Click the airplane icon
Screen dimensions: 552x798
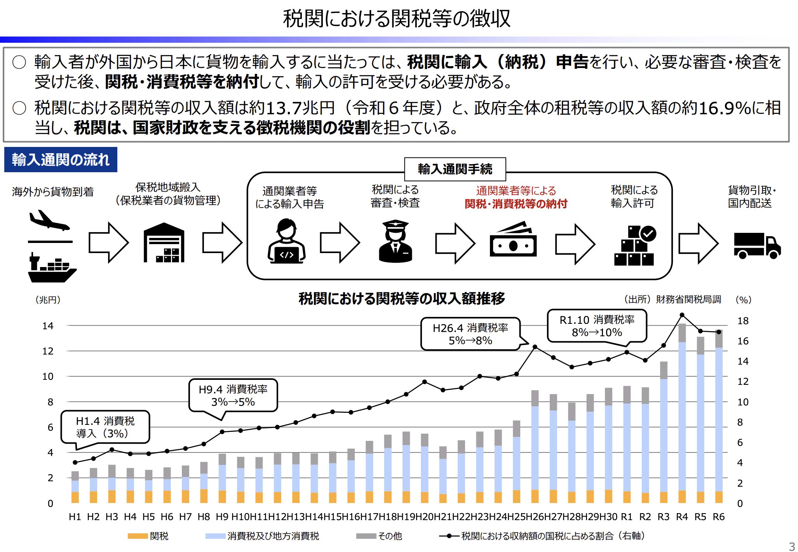49,220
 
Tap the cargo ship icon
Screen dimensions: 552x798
52,269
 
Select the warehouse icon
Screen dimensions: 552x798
164,243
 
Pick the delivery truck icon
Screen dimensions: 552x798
757,245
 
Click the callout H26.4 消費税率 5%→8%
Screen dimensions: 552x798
470,334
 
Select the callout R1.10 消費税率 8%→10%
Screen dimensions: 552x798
597,326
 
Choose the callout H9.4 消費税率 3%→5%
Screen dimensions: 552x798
233,395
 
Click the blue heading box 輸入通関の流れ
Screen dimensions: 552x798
61,160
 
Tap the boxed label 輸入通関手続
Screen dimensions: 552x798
455,169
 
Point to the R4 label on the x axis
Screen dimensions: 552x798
682,517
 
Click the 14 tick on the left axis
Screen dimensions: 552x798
48,326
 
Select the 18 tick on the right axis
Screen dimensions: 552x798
742,321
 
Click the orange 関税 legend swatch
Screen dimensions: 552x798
138,536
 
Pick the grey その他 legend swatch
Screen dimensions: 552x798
366,536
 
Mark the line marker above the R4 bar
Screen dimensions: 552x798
682,315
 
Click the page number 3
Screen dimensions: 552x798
792,546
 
